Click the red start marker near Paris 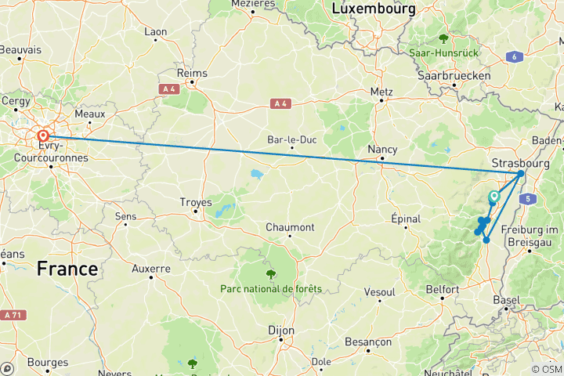pyautogui.click(x=43, y=136)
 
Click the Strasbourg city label pyautogui.click(x=517, y=163)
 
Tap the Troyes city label pyautogui.click(x=196, y=202)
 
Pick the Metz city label pyautogui.click(x=381, y=92)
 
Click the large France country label pyautogui.click(x=67, y=269)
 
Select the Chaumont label pyautogui.click(x=290, y=227)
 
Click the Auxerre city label pyautogui.click(x=151, y=269)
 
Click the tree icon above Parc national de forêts pyautogui.click(x=271, y=273)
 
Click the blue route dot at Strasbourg pyautogui.click(x=521, y=174)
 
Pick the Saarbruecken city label pyautogui.click(x=454, y=76)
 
